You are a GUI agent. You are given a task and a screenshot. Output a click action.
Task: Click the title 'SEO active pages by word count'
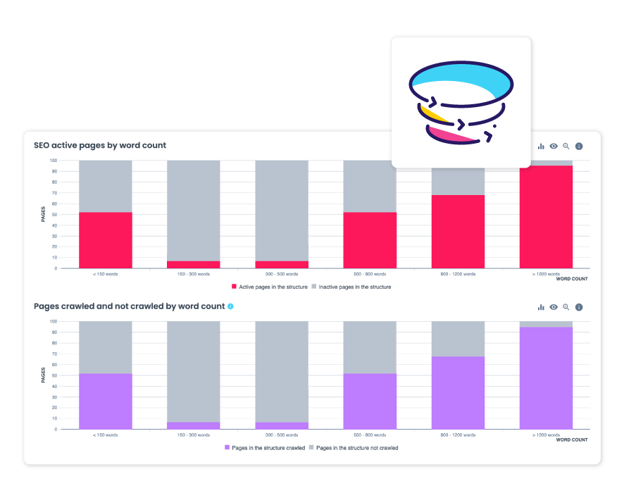point(100,146)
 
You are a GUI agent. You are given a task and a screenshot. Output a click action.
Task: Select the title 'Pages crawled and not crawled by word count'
point(129,306)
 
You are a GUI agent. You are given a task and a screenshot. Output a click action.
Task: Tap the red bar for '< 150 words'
point(106,240)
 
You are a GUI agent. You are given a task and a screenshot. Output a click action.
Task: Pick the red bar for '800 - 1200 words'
point(458,232)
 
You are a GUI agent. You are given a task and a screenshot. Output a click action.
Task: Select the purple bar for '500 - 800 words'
point(370,401)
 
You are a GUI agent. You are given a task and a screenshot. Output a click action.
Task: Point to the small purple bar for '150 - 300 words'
point(194,425)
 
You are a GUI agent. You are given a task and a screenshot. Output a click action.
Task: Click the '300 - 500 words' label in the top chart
point(281,274)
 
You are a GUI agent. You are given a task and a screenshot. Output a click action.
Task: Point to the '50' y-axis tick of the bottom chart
point(54,375)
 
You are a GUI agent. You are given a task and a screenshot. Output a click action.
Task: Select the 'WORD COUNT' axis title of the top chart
point(572,279)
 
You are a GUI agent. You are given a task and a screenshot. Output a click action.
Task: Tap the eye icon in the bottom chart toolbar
point(554,307)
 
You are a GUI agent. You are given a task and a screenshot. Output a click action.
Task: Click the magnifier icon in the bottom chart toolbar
point(566,307)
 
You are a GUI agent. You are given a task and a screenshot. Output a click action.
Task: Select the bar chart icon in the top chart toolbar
point(541,146)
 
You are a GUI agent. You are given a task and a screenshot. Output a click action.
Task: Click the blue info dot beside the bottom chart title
point(230,306)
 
